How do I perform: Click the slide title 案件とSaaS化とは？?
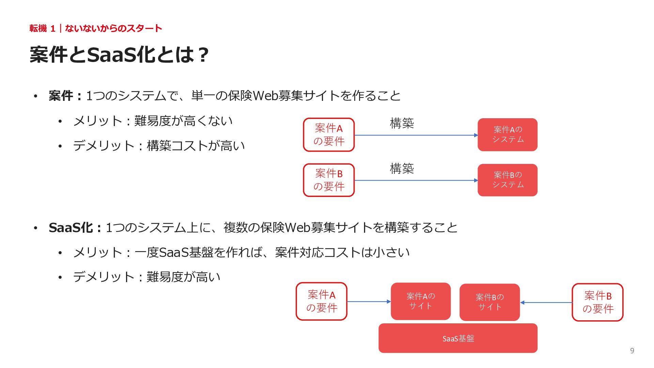119,55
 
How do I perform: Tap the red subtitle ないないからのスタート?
113,28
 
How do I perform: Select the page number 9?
632,351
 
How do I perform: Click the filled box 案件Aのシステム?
508,135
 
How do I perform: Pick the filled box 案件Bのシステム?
508,180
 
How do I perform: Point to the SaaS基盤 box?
458,338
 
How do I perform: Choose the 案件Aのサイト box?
421,301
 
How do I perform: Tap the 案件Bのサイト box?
489,302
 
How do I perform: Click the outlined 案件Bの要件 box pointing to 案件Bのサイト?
597,302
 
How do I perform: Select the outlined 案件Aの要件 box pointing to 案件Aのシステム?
329,135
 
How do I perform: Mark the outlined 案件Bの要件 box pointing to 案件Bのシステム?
329,180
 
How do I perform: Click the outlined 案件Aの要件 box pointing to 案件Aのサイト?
322,301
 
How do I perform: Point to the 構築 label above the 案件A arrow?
402,123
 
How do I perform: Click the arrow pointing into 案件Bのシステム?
416,180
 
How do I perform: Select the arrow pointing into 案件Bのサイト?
546,302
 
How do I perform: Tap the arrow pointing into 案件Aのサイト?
369,302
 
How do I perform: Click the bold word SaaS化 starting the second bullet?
71,228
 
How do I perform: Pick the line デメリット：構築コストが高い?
159,146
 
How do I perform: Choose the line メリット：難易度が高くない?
153,121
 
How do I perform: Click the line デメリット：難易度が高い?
147,277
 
